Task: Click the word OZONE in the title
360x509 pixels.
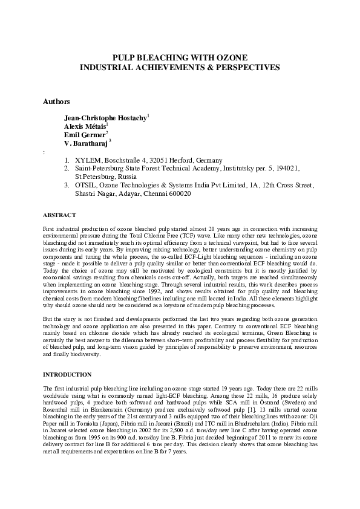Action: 232,57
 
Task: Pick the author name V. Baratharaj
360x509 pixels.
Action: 85,144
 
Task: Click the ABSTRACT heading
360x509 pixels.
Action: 60,215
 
